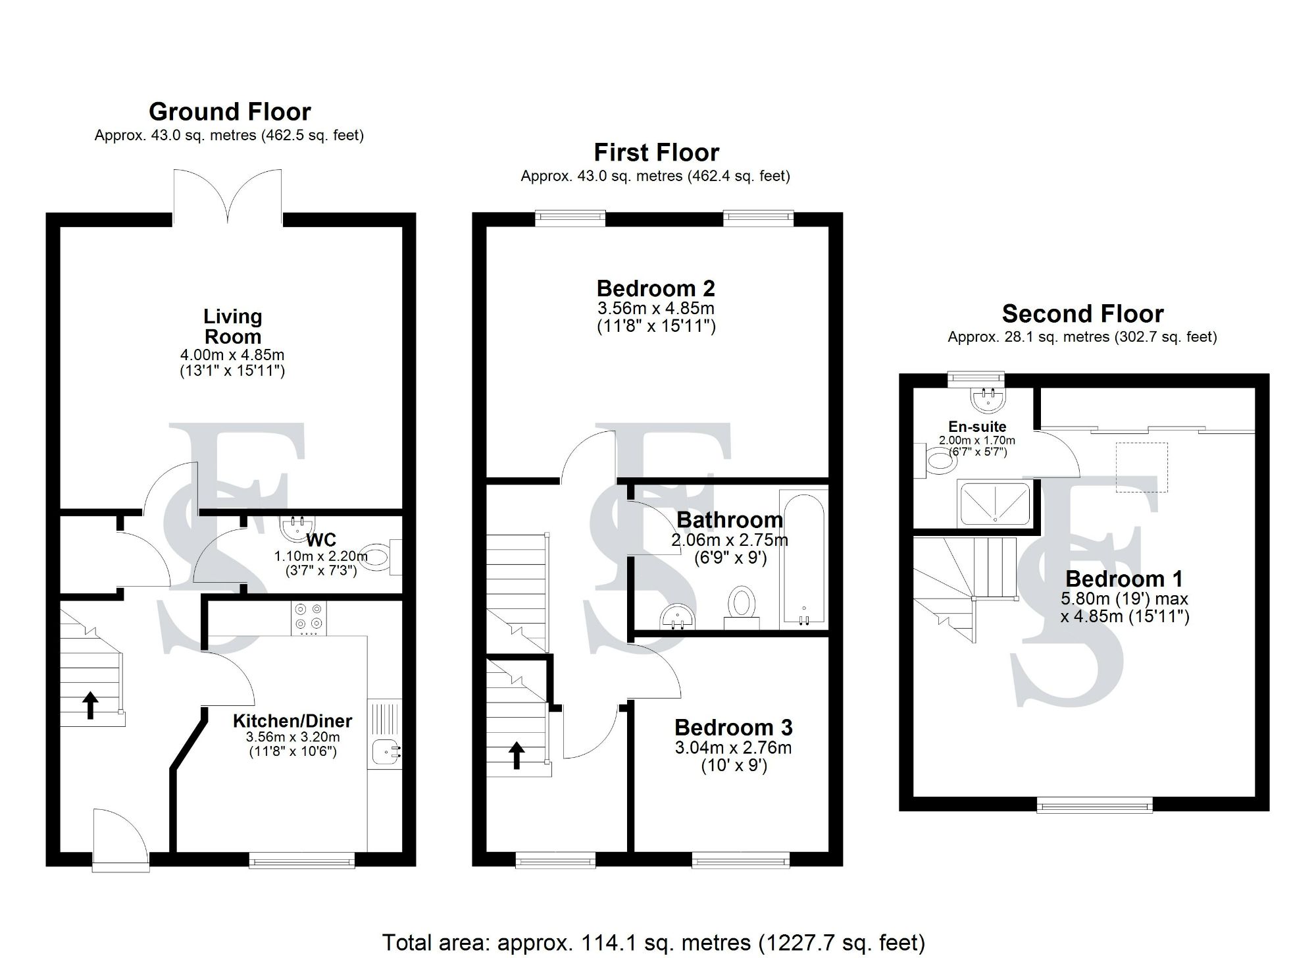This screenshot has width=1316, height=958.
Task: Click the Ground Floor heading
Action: [230, 112]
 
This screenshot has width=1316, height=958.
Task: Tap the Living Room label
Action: [233, 327]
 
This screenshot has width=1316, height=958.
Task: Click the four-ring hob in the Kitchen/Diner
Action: [309, 620]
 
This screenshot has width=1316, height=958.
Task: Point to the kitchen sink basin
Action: [384, 751]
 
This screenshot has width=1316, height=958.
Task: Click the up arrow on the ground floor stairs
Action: [89, 705]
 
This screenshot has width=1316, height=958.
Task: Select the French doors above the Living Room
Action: [228, 196]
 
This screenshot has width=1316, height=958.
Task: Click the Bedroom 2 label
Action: [655, 288]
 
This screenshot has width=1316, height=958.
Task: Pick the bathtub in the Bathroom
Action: [803, 558]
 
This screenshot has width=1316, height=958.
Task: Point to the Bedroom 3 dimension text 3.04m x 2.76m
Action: [733, 748]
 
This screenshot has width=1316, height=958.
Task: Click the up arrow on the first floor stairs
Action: [517, 755]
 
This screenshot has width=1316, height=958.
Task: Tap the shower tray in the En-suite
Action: [995, 504]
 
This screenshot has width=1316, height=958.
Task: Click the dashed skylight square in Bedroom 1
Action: [1142, 467]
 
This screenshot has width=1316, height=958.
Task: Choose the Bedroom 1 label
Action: [1124, 579]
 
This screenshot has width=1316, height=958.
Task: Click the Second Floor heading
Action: [1082, 314]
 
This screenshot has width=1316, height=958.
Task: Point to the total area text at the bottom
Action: [653, 942]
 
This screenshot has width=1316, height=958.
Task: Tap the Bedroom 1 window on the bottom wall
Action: [1094, 805]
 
